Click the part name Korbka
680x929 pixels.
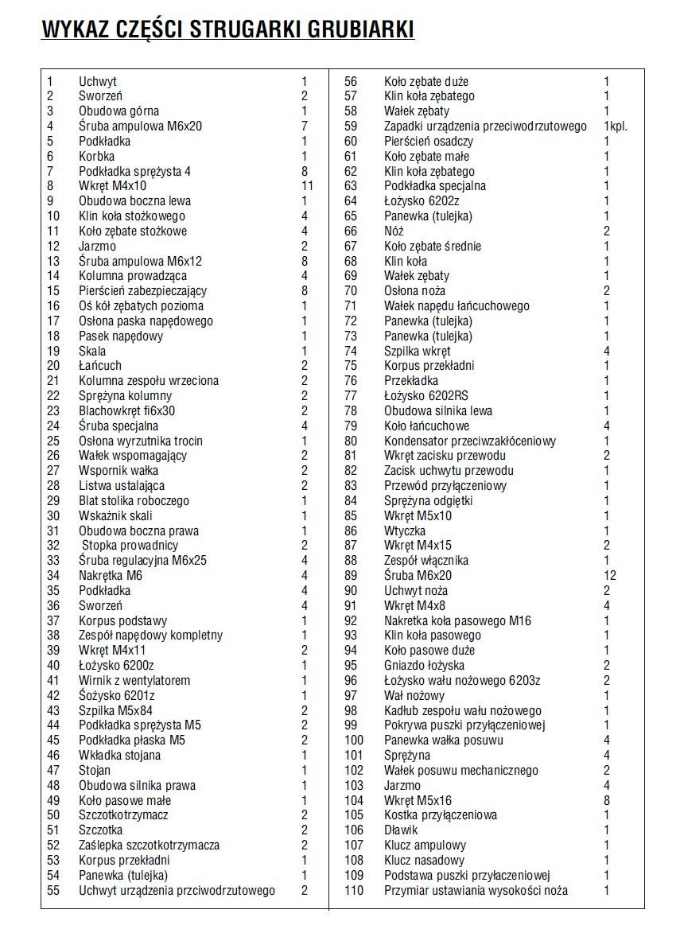tap(96, 157)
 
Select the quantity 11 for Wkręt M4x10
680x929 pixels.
tap(307, 186)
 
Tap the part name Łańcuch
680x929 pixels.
tap(100, 366)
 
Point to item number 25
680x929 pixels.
tap(53, 441)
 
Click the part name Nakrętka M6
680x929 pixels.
tap(111, 576)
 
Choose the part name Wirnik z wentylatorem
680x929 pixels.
tap(134, 681)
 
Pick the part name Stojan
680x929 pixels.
tap(95, 771)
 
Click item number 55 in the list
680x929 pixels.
tap(53, 891)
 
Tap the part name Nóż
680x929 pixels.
tap(394, 231)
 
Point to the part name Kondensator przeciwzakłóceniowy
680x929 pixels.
tap(470, 441)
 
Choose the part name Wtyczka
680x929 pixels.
tap(405, 531)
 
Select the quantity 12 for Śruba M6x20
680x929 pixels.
tap(610, 576)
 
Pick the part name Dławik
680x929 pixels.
tap(401, 830)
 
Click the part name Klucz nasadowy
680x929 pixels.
tap(424, 861)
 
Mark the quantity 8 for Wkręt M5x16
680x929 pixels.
tap(607, 801)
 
